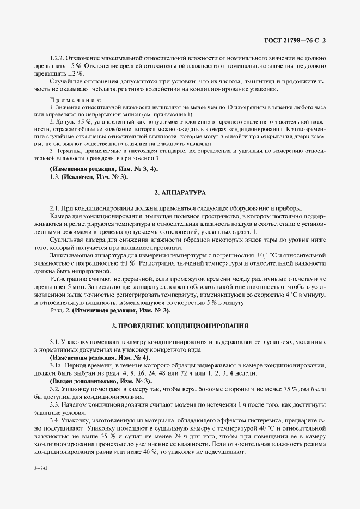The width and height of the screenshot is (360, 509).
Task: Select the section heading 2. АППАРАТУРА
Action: click(180, 193)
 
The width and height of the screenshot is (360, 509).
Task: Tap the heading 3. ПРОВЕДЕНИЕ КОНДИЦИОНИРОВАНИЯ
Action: click(180, 326)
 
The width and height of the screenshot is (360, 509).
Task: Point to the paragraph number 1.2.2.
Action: click(57, 58)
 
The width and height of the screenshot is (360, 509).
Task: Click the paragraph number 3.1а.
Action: click(57, 365)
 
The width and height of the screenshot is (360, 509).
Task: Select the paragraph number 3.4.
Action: click(55, 421)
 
